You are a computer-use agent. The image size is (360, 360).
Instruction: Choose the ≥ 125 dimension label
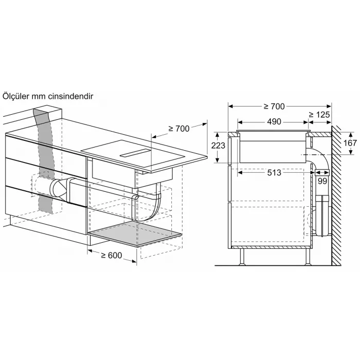(x=320, y=115)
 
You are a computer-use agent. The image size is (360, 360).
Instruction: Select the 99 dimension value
(x=322, y=181)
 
